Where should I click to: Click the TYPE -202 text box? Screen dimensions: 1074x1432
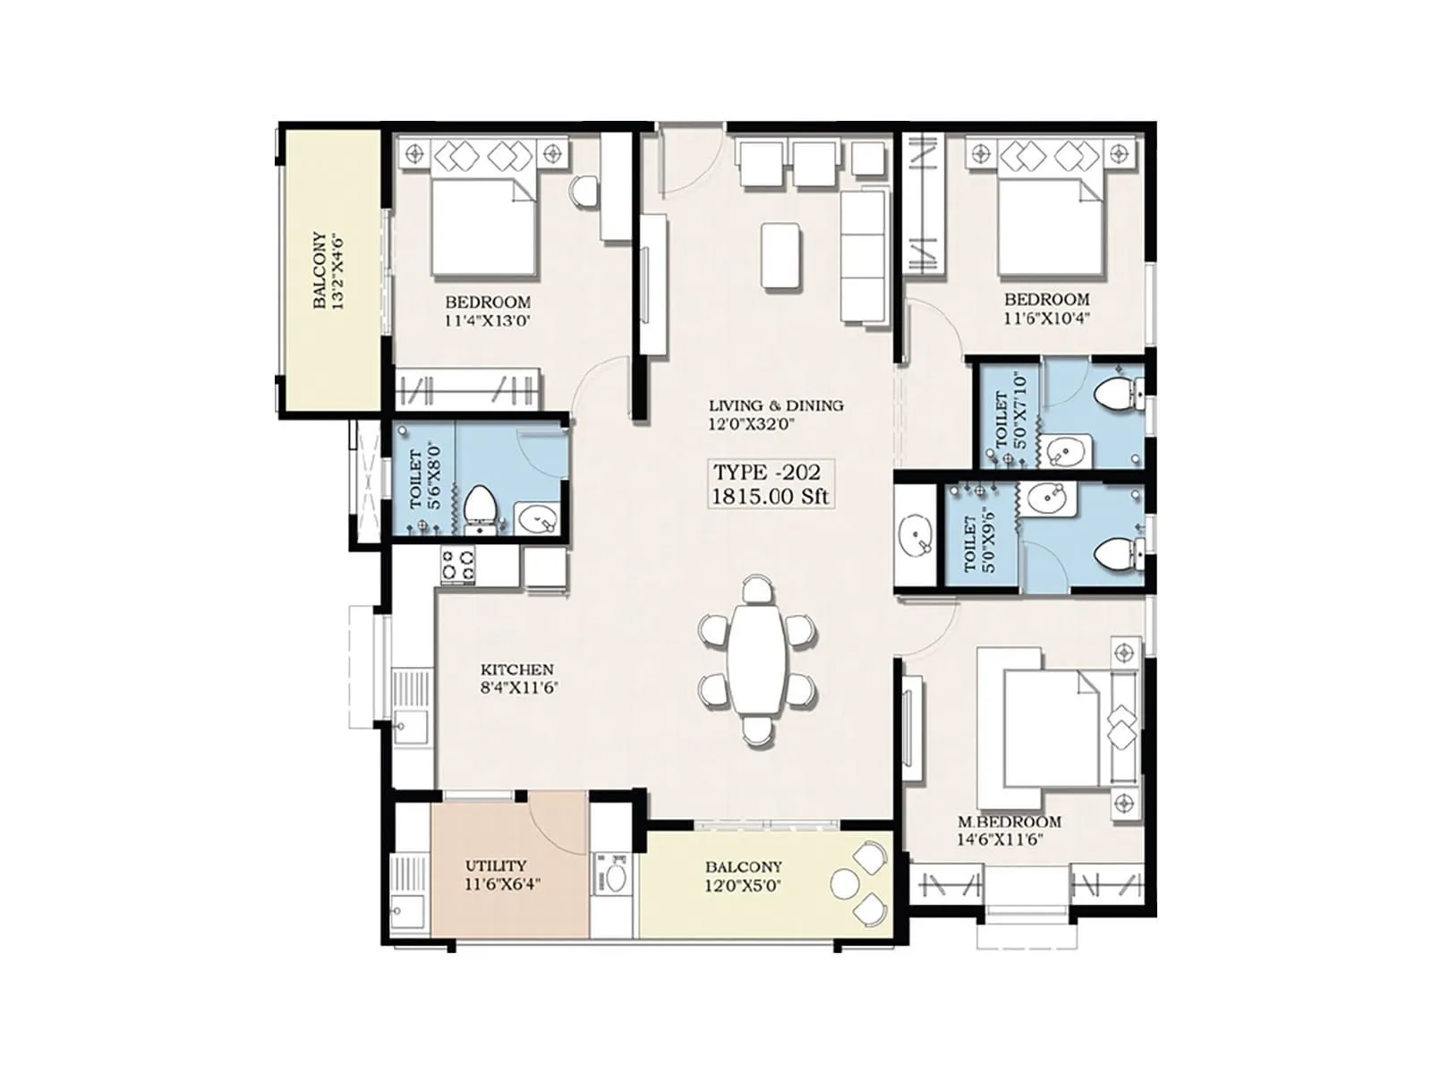tap(765, 484)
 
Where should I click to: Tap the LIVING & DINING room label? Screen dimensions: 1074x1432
tap(775, 405)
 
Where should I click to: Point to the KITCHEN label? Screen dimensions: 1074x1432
tap(516, 669)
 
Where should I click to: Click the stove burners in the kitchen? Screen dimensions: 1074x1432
tap(457, 565)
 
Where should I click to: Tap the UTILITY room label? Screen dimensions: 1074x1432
tap(495, 865)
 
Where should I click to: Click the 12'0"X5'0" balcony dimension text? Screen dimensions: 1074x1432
tap(743, 884)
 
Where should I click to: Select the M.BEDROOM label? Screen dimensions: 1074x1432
tap(1009, 822)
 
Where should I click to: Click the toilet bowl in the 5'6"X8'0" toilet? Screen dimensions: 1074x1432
tap(481, 505)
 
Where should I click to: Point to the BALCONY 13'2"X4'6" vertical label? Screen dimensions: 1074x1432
tap(327, 271)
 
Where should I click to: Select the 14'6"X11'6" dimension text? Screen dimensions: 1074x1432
tap(1001, 840)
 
